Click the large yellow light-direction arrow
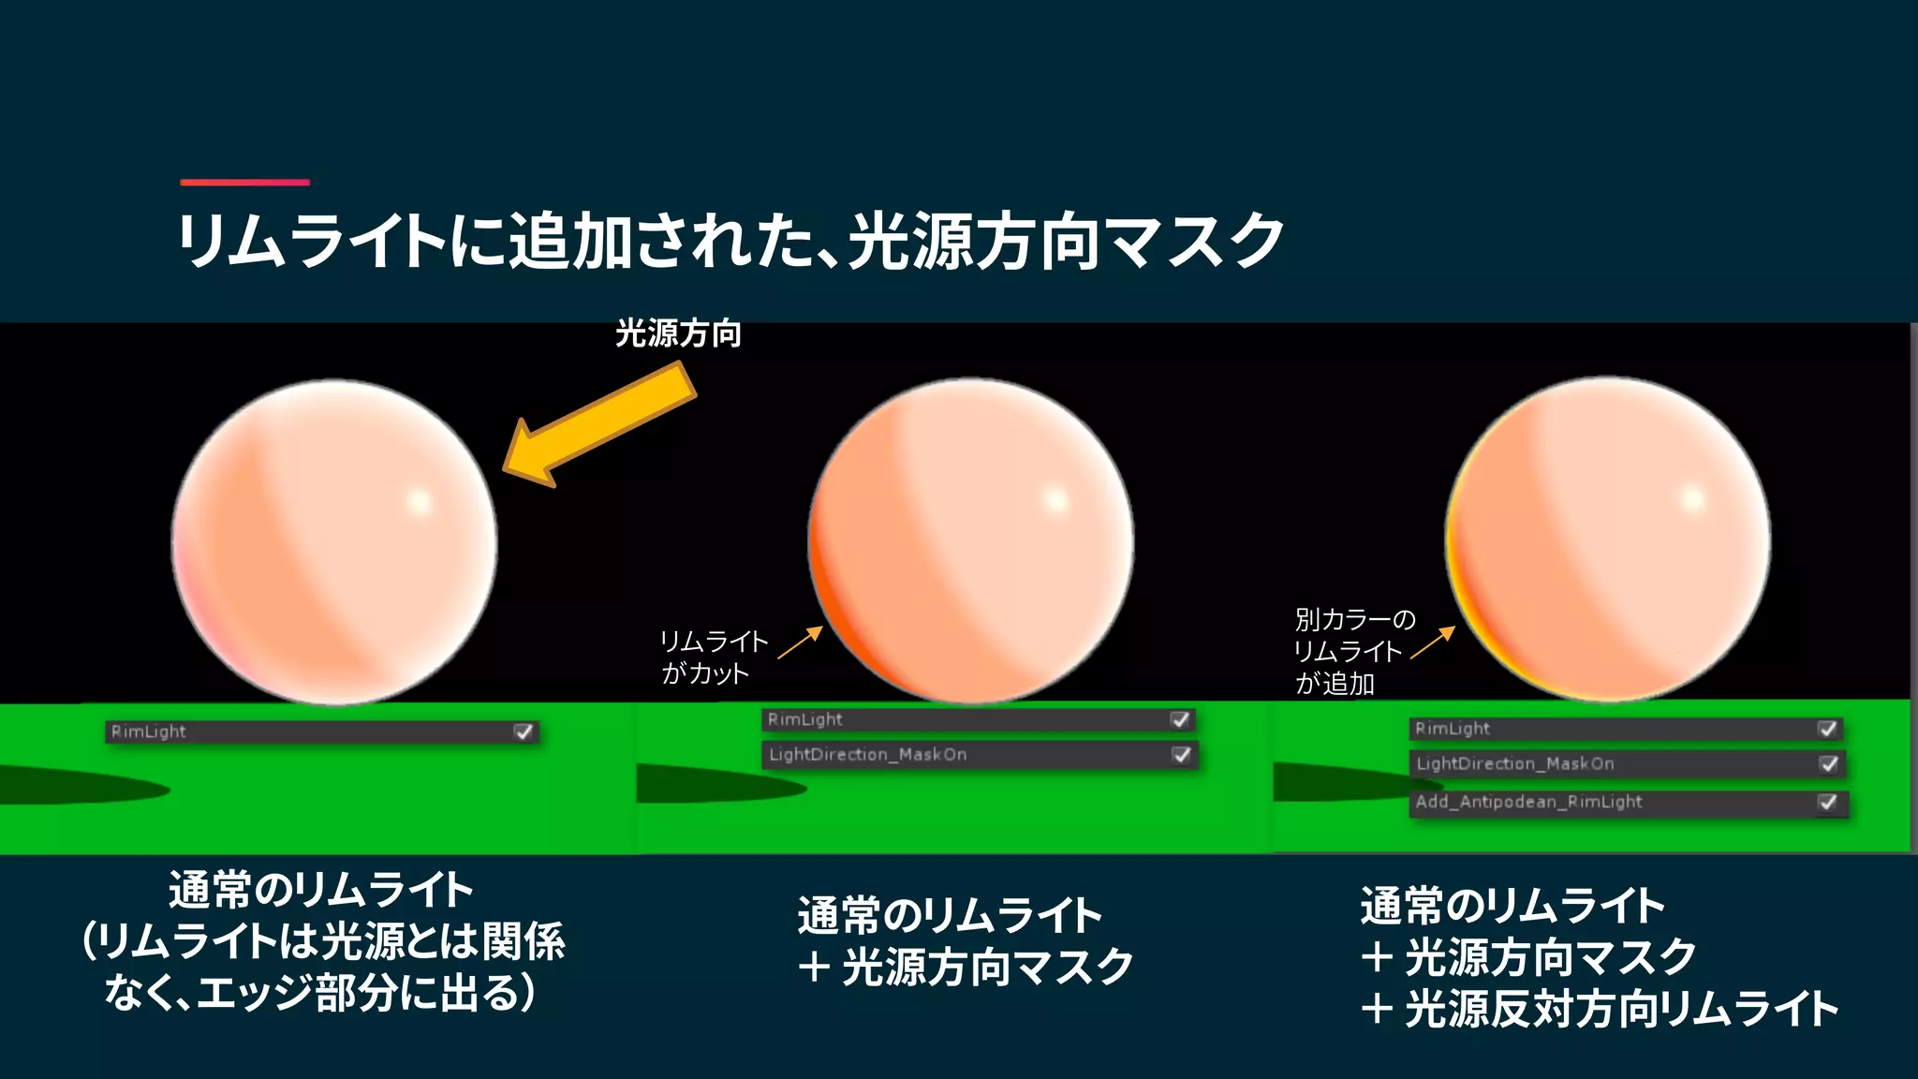point(599,425)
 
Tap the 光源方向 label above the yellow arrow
point(678,333)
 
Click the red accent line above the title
point(244,182)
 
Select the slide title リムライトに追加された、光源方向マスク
point(730,241)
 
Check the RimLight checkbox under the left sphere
point(524,732)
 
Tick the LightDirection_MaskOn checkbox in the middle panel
point(1181,755)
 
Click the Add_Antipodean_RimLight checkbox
point(1827,802)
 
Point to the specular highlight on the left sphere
point(419,502)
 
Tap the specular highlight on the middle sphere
point(1055,499)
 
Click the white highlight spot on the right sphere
point(1692,497)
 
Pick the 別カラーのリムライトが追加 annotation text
point(1353,651)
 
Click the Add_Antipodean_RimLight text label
point(1528,802)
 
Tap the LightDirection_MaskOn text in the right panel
point(1515,763)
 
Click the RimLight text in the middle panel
point(804,719)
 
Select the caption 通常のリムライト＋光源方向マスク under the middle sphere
point(965,940)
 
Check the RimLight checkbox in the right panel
point(1827,729)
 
